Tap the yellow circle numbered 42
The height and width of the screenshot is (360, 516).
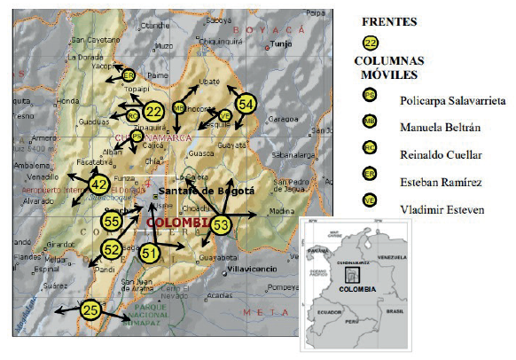(98, 184)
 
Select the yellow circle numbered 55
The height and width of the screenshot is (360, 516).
(112, 220)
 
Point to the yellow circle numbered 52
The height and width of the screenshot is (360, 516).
(112, 249)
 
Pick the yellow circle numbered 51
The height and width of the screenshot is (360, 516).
(152, 254)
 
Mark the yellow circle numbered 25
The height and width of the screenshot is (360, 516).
(90, 309)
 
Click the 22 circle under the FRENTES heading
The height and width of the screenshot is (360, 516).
(371, 43)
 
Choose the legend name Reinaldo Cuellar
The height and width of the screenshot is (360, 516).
(442, 154)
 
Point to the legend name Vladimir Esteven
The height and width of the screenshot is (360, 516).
(442, 210)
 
